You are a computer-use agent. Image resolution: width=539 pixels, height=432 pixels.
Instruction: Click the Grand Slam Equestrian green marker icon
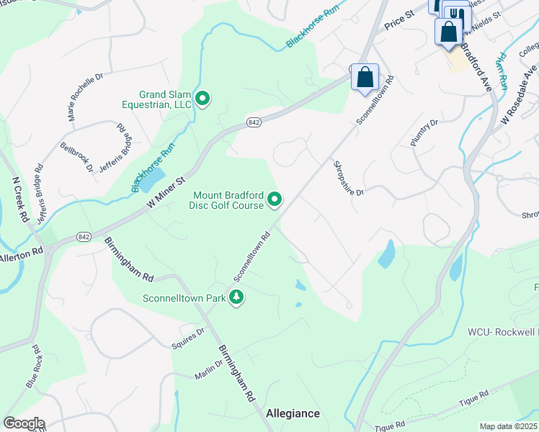coord(203,99)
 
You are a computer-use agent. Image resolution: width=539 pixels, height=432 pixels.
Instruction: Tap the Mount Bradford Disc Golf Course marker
coord(275,199)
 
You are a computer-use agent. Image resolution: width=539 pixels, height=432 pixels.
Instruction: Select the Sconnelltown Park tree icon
coord(236,297)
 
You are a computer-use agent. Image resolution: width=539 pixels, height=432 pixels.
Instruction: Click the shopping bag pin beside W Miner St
coord(365,78)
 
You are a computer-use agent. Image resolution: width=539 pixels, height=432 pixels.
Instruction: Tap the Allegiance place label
coord(293,413)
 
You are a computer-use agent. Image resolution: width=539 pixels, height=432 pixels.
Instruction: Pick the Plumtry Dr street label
coord(424,133)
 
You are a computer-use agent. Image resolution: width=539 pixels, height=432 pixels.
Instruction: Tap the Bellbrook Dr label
coord(77,156)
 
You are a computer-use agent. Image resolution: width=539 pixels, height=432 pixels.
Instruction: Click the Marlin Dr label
coord(210,370)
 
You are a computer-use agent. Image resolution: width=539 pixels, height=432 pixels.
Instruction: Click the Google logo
coord(23,423)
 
